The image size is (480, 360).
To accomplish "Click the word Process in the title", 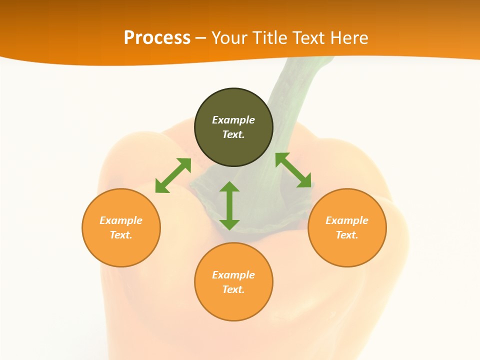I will point(157,38).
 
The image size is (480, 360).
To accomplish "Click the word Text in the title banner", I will point(309,38).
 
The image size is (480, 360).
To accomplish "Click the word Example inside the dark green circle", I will point(233,120).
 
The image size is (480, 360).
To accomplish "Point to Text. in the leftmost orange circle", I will point(121,235).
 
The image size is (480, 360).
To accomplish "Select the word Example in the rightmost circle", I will point(347,220).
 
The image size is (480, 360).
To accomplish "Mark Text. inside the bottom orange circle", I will point(233,289).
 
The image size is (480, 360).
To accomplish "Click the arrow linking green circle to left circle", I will point(173,175).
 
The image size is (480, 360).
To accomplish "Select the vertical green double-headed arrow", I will point(229,205).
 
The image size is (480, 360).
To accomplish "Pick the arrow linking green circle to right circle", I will point(293,170).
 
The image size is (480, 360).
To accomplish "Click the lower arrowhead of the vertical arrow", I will point(229,224).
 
